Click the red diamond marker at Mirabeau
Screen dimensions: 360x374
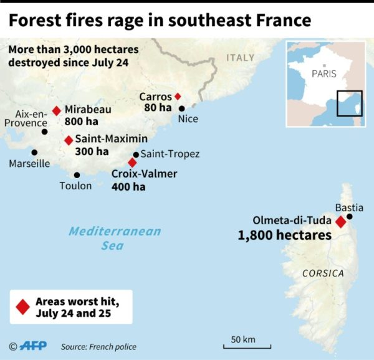pos(56,110)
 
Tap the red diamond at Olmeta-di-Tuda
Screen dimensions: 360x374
pos(340,222)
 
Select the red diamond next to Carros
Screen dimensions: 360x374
pos(178,97)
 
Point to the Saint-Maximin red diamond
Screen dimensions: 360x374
pos(69,140)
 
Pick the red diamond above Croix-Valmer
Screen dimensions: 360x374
pos(132,162)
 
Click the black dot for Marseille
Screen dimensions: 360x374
pos(34,152)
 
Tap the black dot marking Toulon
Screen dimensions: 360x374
pos(77,175)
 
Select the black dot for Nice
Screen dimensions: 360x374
pos(182,108)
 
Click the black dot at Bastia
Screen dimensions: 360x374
pos(350,217)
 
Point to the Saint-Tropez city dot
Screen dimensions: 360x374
pos(136,154)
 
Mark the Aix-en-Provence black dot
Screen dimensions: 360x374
pos(44,131)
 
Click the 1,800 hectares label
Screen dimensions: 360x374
pos(285,236)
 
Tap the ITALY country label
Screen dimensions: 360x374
pos(240,57)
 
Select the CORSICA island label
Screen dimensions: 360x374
pos(322,273)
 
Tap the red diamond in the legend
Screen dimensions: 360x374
pos(23,307)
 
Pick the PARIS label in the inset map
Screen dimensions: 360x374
pos(324,73)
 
